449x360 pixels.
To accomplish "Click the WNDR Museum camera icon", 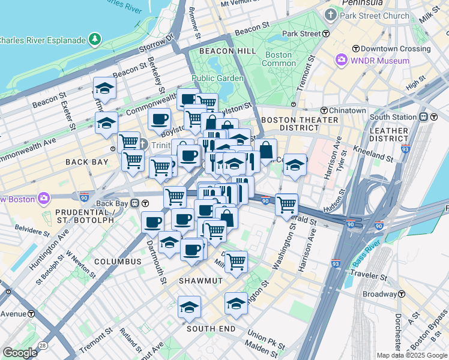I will [342, 61].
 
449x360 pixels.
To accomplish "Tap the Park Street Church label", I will [375, 16].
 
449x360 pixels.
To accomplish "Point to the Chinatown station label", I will [348, 110].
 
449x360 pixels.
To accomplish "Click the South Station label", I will [393, 117].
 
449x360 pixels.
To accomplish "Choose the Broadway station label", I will [378, 295].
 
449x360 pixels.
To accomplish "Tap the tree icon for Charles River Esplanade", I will [95, 40].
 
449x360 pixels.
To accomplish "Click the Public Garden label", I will [217, 78].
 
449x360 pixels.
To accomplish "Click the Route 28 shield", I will [43, 344].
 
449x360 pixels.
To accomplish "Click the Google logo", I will [20, 353].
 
